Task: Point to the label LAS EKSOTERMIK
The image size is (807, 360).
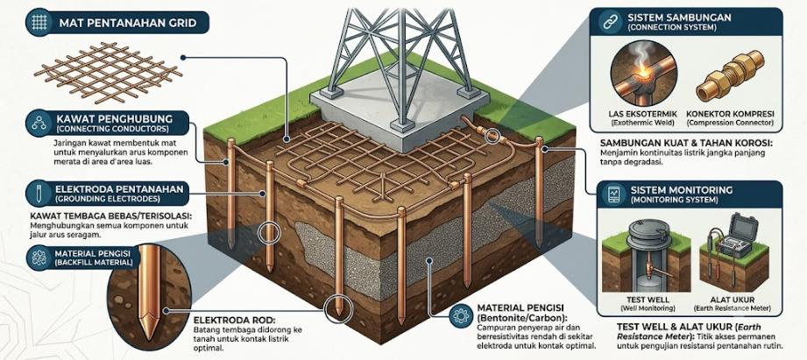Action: pos(637,114)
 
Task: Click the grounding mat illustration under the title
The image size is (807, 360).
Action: pos(108,72)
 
